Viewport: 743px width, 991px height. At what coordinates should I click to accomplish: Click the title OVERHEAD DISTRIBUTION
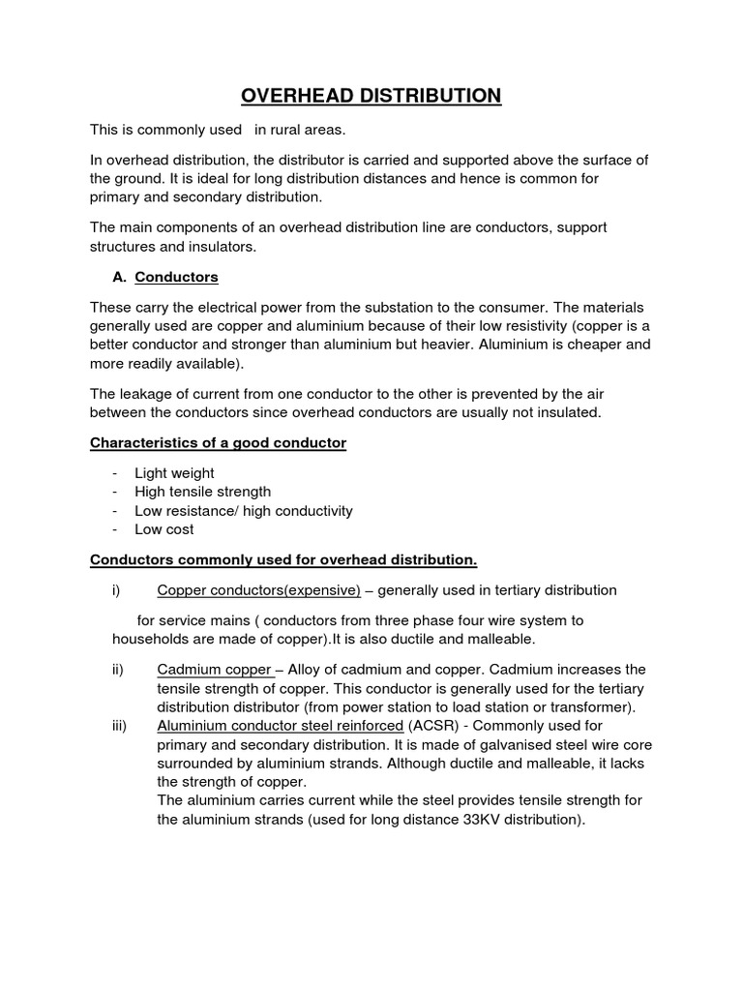point(371,95)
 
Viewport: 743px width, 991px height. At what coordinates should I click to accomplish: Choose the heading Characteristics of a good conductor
point(218,442)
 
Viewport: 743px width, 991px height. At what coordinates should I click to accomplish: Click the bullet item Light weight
point(174,473)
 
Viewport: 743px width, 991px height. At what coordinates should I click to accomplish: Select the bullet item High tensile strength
point(202,492)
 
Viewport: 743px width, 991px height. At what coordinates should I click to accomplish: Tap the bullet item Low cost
point(163,529)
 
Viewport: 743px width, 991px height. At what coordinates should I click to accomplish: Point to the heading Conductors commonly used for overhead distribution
point(283,560)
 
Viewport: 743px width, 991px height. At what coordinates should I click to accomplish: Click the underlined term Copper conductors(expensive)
point(258,590)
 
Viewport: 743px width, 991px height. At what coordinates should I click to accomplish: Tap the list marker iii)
point(121,726)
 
